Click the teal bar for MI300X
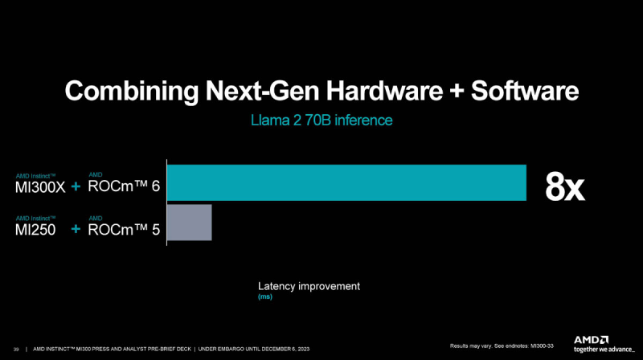coord(346,182)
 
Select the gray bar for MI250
coord(189,222)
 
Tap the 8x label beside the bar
coord(565,186)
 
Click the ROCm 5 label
coord(125,230)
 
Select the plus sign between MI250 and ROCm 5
coord(76,230)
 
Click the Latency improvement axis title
coord(309,286)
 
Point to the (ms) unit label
coord(265,297)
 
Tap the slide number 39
coord(16,349)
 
